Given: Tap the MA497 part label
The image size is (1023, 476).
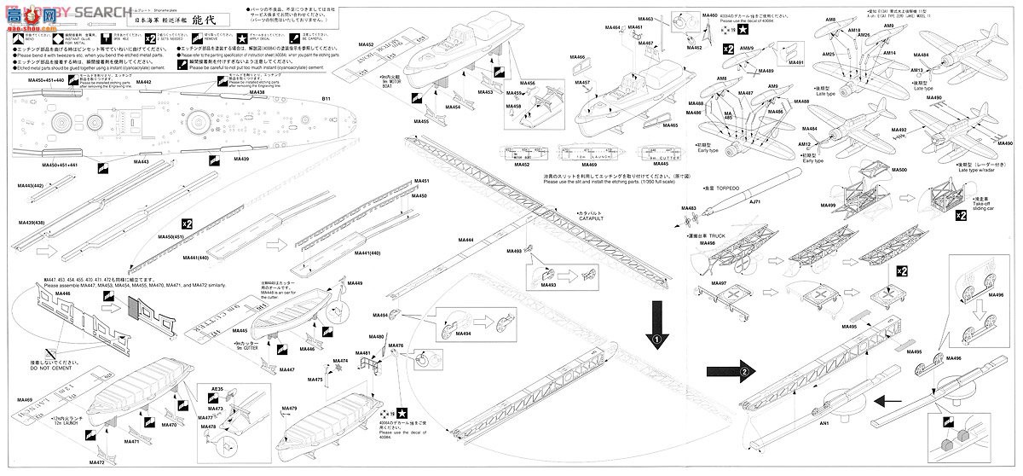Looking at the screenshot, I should pyautogui.click(x=695, y=282).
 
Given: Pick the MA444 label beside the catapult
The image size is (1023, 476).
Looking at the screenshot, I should pyautogui.click(x=465, y=241).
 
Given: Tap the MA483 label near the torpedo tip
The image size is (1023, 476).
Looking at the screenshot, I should pyautogui.click(x=689, y=208).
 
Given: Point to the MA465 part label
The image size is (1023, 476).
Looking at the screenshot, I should pyautogui.click(x=670, y=125).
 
